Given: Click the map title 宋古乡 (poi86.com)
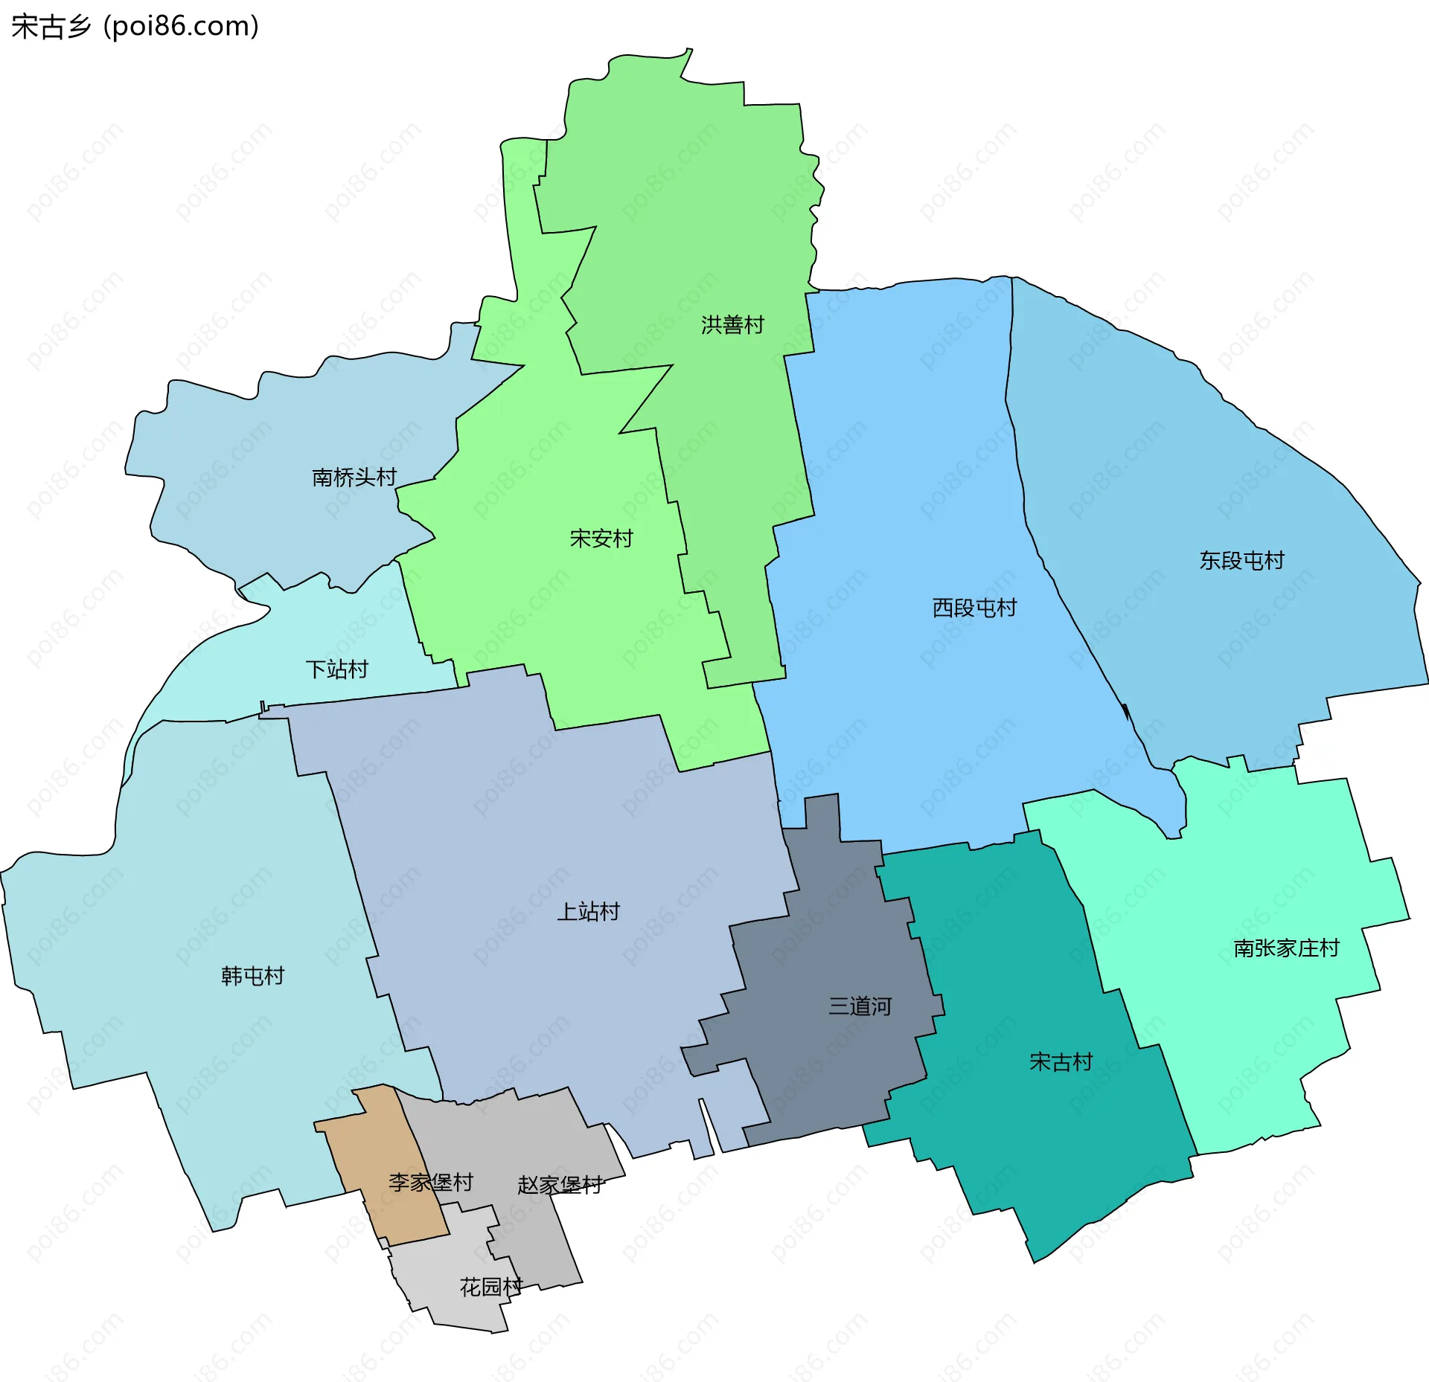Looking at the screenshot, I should coord(135,27).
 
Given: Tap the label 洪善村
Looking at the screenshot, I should coord(732,325).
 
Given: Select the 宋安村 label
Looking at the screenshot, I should coord(601,538).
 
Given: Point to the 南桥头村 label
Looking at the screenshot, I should coord(354,477).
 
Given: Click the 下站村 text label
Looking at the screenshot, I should coord(336,669).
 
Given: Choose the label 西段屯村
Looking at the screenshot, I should coord(974,608).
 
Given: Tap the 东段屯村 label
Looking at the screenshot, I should coord(1241,560).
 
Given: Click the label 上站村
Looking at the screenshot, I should coord(588,911).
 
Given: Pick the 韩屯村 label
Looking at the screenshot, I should coord(253,975).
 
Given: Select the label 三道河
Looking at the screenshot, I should coord(860,1006).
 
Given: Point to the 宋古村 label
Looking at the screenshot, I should coord(1061,1061).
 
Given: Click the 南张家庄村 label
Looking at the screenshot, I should coord(1286,948).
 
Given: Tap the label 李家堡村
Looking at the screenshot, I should coord(430,1182).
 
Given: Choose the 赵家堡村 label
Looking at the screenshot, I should coord(560,1185).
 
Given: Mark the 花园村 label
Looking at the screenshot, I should coord(490,1286).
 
